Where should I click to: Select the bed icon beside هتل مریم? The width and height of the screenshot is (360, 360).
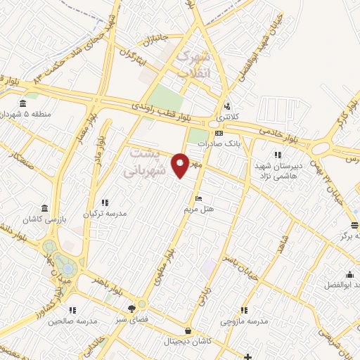click(x=199, y=198)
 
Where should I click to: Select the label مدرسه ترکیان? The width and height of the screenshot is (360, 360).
click(x=105, y=213)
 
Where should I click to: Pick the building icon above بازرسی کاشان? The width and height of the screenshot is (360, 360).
click(x=45, y=209)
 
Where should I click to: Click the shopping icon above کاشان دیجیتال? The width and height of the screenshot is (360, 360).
click(x=188, y=330)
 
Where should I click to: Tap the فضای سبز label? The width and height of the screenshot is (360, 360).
click(x=132, y=319)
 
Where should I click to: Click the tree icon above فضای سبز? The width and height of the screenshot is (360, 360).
click(x=132, y=309)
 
